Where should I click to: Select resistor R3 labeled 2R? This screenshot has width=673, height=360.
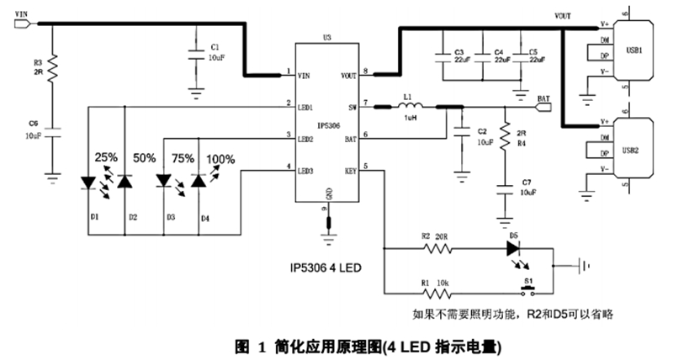[51, 67]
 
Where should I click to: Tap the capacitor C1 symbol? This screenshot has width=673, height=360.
[196, 51]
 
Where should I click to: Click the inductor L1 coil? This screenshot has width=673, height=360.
[410, 107]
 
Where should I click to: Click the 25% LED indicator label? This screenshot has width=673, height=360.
[106, 157]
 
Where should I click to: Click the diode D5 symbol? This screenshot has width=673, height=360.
[514, 249]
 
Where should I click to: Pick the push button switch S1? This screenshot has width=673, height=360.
[528, 291]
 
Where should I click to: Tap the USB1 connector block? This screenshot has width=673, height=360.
[632, 50]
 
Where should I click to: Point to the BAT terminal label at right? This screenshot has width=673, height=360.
[543, 98]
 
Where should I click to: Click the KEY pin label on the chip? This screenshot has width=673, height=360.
[350, 170]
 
